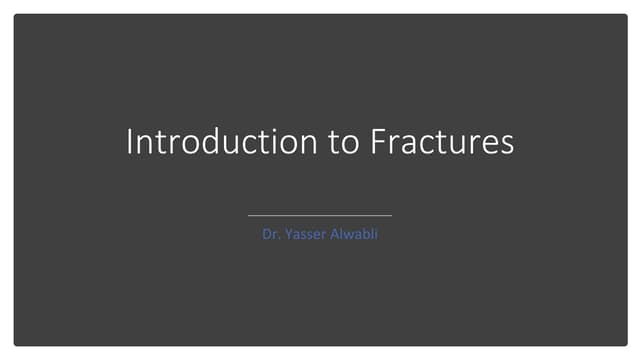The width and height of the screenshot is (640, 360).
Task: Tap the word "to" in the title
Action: click(344, 141)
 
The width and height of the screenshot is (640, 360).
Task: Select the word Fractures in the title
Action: click(442, 141)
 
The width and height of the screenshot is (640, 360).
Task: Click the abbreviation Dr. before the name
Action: click(270, 239)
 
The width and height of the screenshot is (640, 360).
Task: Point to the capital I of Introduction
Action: click(129, 141)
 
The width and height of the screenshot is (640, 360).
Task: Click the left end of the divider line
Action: click(249, 215)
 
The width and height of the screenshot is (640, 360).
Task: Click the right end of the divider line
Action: click(391, 215)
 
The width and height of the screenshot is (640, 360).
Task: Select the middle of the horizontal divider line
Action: click(320, 215)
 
